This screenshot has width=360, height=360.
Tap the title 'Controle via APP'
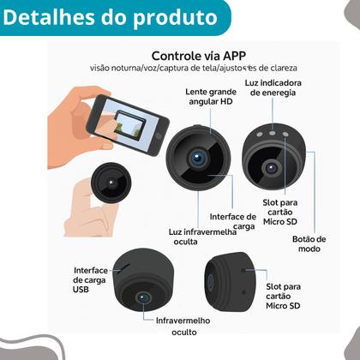point(203,51)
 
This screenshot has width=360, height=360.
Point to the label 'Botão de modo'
point(309,243)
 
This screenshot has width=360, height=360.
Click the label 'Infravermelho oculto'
point(181,326)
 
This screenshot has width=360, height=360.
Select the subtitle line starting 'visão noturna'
point(203,67)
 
